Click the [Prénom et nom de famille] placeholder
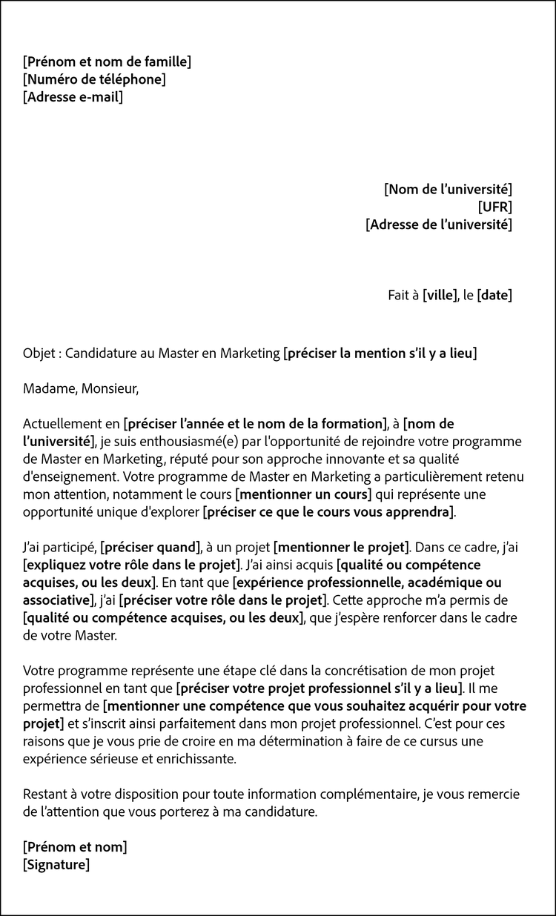[107, 62]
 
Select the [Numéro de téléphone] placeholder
[94, 79]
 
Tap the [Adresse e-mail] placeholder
[73, 97]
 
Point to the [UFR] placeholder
[495, 207]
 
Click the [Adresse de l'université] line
[439, 225]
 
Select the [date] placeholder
[494, 295]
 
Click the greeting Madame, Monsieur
[81, 388]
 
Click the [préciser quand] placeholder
[150, 548]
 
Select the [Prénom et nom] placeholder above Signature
[75, 847]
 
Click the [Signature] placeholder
[56, 865]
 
